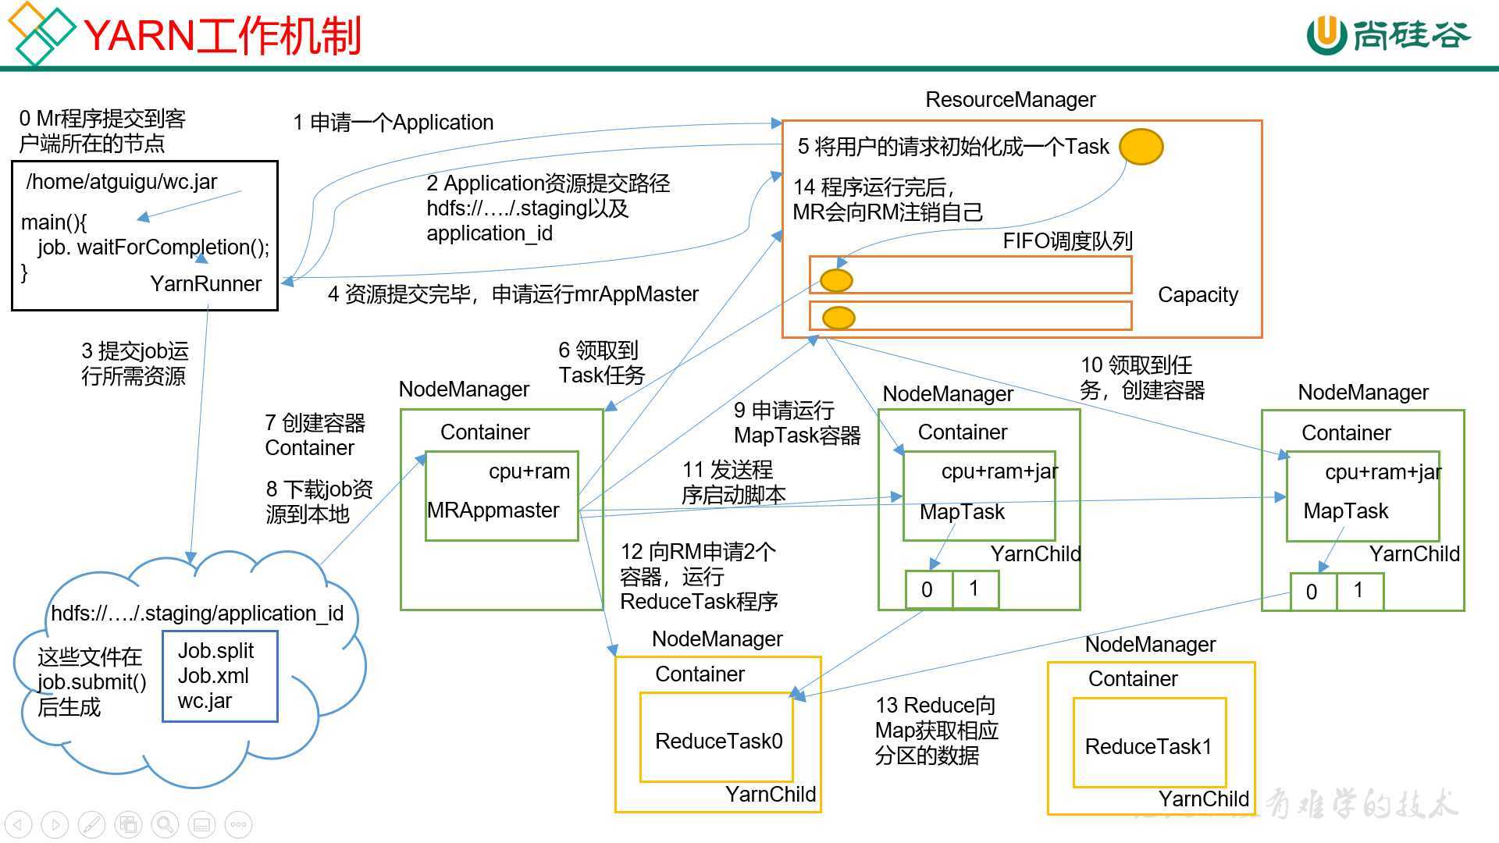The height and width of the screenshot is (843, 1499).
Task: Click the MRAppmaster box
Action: pyautogui.click(x=501, y=496)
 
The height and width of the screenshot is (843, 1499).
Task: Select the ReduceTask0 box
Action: pyautogui.click(x=717, y=738)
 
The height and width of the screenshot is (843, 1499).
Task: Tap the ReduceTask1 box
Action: pyautogui.click(x=1149, y=743)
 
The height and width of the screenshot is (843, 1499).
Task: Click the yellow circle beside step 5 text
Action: pyautogui.click(x=1141, y=147)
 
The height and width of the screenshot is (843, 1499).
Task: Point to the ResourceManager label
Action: pyautogui.click(x=1010, y=100)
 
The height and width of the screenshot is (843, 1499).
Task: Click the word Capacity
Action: pyautogui.click(x=1198, y=295)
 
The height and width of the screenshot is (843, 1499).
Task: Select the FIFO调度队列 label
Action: pyautogui.click(x=1067, y=241)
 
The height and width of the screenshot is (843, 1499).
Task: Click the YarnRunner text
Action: pyautogui.click(x=206, y=284)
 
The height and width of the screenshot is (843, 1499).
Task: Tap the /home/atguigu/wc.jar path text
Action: pyautogui.click(x=122, y=182)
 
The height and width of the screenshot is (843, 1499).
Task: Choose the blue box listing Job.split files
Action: pyautogui.click(x=219, y=676)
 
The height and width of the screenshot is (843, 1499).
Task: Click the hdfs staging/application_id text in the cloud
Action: pyautogui.click(x=197, y=614)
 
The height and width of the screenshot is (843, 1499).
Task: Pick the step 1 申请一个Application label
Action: pyautogui.click(x=393, y=123)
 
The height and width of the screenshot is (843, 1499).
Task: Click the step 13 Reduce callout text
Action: pyautogui.click(x=936, y=731)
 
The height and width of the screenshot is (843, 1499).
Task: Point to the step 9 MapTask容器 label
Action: pyautogui.click(x=796, y=423)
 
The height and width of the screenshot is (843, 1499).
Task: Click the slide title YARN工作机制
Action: pyautogui.click(x=222, y=36)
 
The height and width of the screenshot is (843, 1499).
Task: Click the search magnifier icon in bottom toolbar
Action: pyautogui.click(x=165, y=824)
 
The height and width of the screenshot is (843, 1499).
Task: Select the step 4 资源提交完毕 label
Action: pyautogui.click(x=513, y=294)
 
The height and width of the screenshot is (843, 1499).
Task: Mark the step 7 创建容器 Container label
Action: pyautogui.click(x=315, y=436)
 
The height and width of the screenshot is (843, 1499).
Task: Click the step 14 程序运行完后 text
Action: pyautogui.click(x=887, y=200)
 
